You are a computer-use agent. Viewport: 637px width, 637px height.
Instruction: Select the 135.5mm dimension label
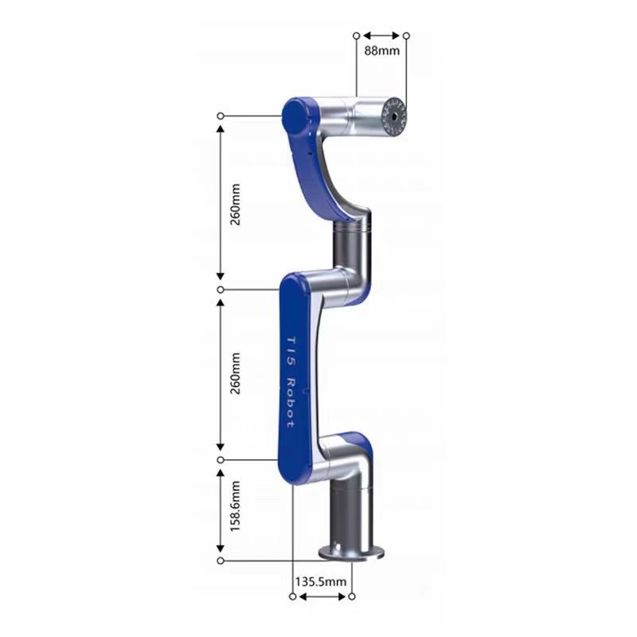(x=322, y=582)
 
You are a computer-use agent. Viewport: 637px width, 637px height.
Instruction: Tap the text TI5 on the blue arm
(x=289, y=346)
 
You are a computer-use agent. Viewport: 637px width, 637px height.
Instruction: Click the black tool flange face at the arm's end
(x=394, y=116)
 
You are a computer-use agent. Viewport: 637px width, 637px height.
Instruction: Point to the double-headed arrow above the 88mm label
(x=381, y=36)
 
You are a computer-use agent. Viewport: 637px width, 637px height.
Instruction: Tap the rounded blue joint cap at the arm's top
(x=296, y=117)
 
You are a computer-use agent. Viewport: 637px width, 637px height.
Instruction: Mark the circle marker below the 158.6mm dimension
(x=221, y=561)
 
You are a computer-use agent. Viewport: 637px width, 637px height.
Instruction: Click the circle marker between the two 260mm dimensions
(x=221, y=289)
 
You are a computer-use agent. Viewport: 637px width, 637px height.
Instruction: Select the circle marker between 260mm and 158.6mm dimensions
(x=221, y=460)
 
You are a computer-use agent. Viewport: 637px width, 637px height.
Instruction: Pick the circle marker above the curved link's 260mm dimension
(x=221, y=116)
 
